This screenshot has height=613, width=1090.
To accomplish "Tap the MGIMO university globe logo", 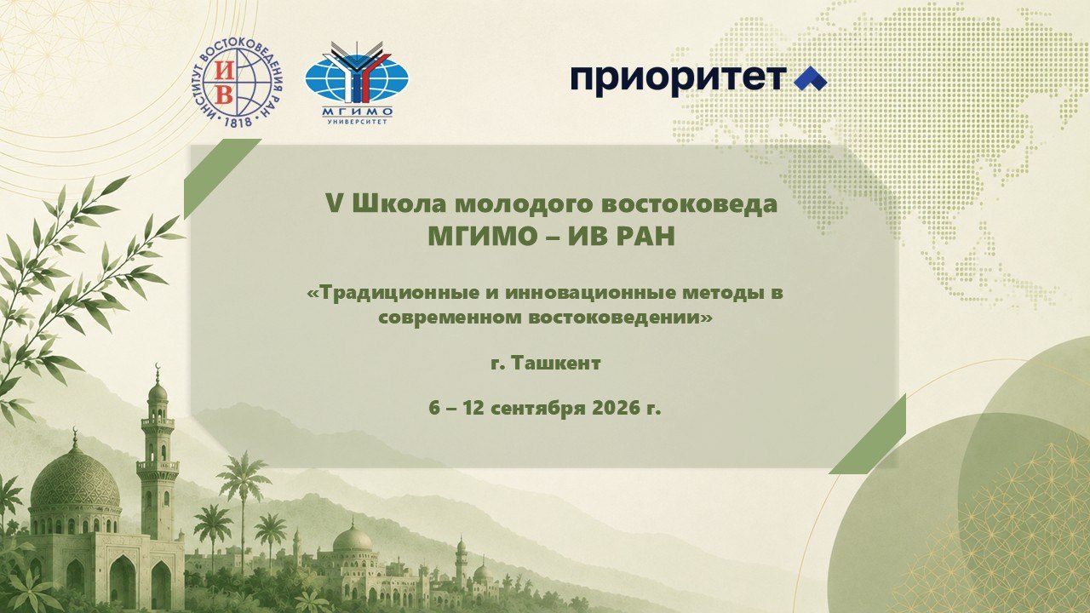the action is coord(357,82).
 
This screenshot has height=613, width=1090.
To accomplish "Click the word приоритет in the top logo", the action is coord(679,79).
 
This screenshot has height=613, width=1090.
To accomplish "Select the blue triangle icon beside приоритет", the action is coord(810,79).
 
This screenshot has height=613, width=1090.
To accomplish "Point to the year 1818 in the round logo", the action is coord(238,121).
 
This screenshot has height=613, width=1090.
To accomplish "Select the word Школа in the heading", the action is coord(398,203).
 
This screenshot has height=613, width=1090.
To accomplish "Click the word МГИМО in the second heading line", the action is coord(483,237).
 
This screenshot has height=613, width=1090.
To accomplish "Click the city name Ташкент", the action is coord(556,363).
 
